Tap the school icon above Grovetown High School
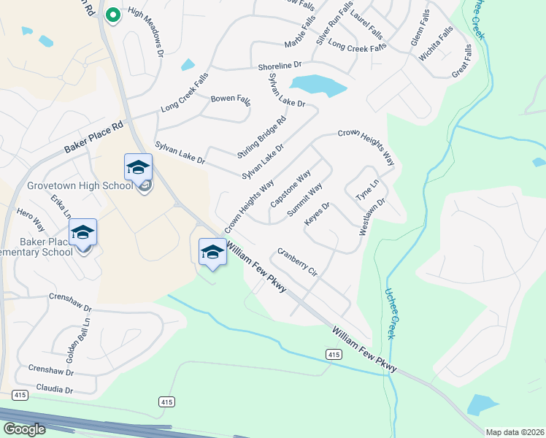pyautogui.click(x=138, y=167)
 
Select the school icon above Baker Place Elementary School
pyautogui.click(x=82, y=231)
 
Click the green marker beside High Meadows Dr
pyautogui.click(x=112, y=15)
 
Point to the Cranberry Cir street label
pyautogui.click(x=296, y=262)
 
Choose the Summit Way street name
pyautogui.click(x=305, y=200)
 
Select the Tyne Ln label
pyautogui.click(x=367, y=190)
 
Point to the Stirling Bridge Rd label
pyautogui.click(x=261, y=137)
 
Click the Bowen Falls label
pyautogui.click(x=230, y=99)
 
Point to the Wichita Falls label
pyautogui.click(x=442, y=42)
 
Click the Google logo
pyautogui.click(x=24, y=429)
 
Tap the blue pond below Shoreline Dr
pyautogui.click(x=318, y=85)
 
